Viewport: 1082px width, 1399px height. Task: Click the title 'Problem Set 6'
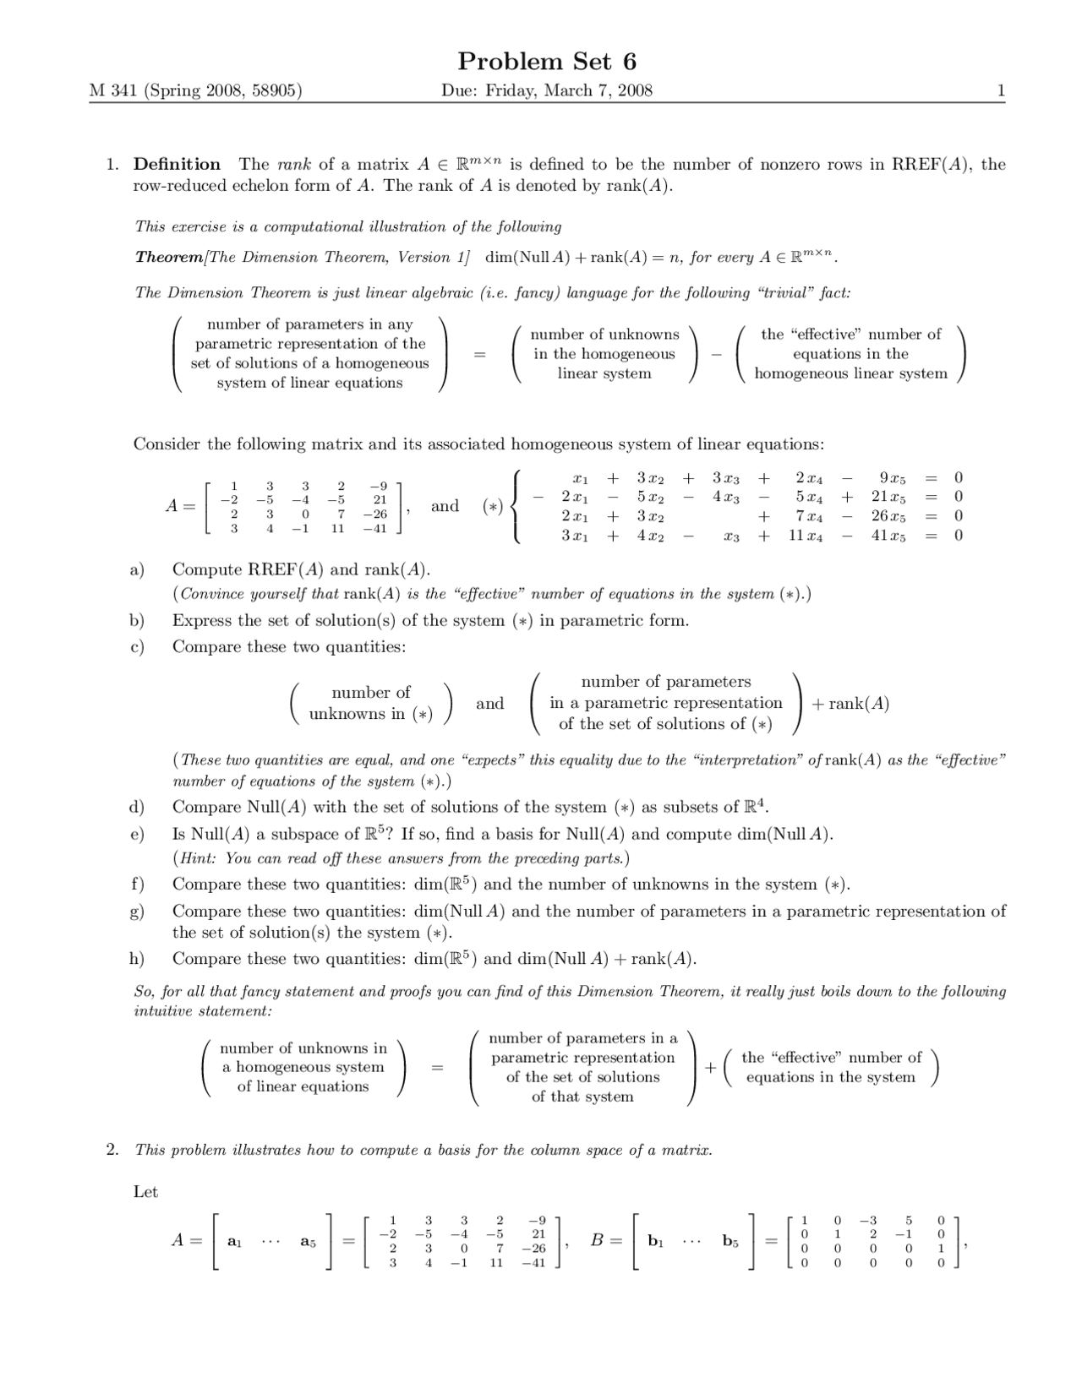point(547,62)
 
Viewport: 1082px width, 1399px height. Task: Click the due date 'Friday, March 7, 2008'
point(569,90)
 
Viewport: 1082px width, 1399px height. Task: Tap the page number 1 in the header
point(1001,90)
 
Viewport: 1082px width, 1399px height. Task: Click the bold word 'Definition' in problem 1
point(177,164)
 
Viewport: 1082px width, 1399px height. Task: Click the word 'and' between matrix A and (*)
point(445,506)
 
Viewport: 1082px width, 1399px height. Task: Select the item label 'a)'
point(137,569)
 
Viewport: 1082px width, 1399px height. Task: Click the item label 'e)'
point(137,834)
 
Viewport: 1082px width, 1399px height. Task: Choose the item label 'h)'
point(137,959)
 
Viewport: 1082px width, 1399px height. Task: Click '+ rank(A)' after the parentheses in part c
point(850,704)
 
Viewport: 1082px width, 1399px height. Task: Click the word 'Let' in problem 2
point(145,1192)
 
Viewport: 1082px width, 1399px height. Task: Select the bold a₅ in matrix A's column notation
point(308,1242)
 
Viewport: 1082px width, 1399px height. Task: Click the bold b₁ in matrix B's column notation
point(655,1242)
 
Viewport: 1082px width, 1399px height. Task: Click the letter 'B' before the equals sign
point(597,1240)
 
